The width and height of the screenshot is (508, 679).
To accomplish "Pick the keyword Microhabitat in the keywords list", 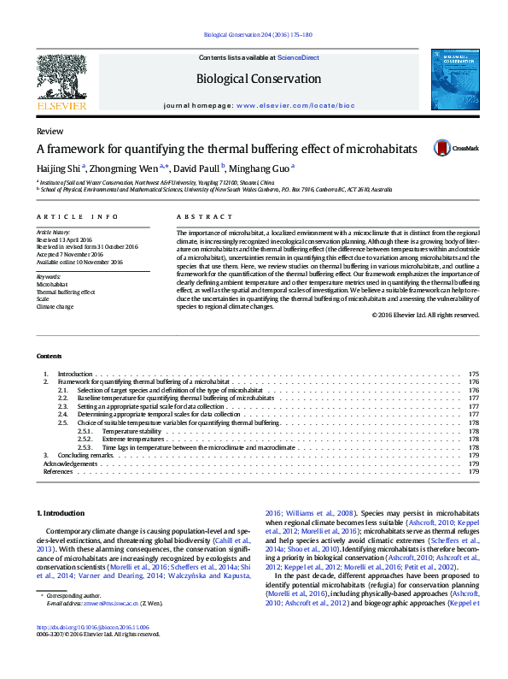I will point(53,284).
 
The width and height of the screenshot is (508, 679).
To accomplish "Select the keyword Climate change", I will point(55,306).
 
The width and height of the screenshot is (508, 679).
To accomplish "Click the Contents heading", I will point(50,356).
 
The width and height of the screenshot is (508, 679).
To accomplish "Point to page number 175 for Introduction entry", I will point(473,374).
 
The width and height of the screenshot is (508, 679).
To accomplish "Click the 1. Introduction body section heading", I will point(60,513).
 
